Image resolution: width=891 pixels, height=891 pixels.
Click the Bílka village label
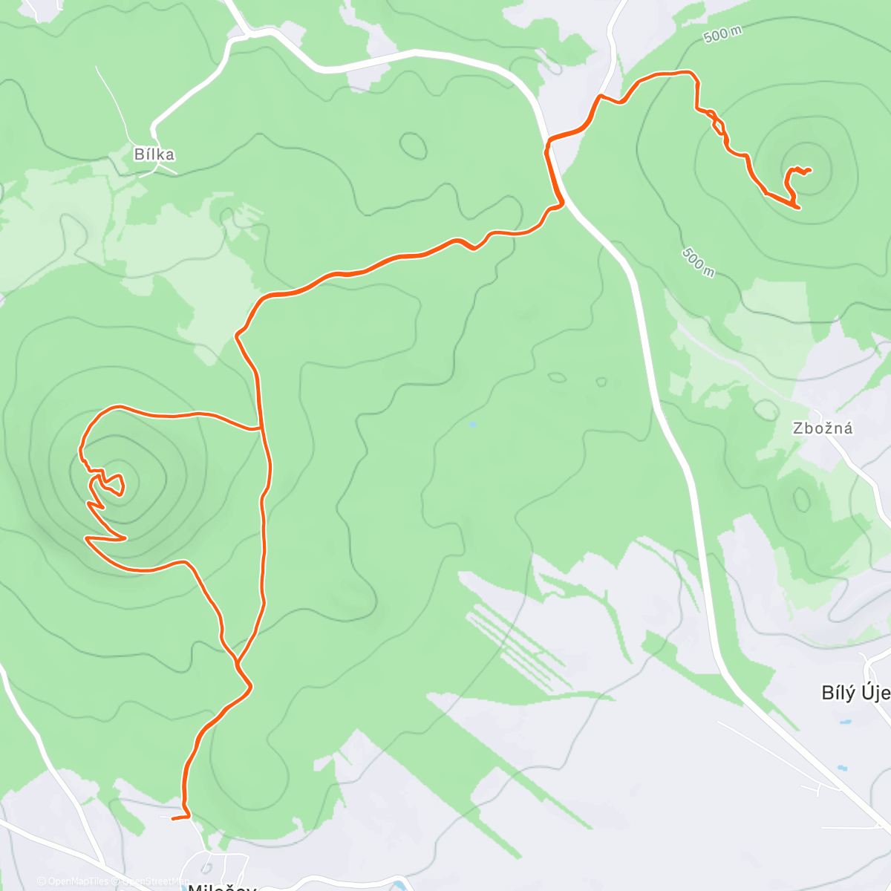pyautogui.click(x=154, y=154)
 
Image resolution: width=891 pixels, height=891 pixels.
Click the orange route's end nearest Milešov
pyautogui.click(x=173, y=818)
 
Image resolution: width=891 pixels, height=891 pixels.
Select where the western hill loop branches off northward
pyautogui.click(x=260, y=428)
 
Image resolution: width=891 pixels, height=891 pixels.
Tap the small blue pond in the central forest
pyautogui.click(x=472, y=425)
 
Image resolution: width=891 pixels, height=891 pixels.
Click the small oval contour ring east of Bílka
pyautogui.click(x=414, y=146)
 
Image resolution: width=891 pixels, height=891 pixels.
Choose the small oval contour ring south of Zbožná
pyautogui.click(x=801, y=499)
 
